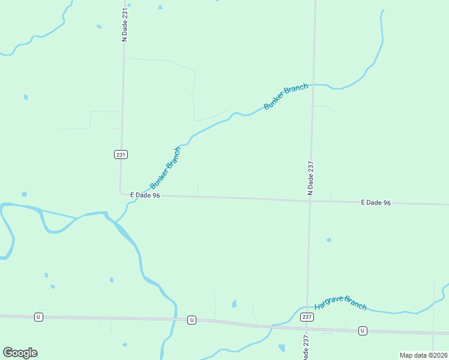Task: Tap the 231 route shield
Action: [x=121, y=154]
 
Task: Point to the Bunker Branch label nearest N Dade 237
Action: [x=286, y=96]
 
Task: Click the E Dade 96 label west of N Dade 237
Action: [x=145, y=195]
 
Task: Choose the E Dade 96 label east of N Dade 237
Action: [x=376, y=203]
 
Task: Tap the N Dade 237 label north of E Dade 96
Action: [x=311, y=178]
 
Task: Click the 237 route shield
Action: [x=307, y=317]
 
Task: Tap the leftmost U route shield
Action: [x=38, y=317]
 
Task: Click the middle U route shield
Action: [x=191, y=320]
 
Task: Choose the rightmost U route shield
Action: [x=363, y=331]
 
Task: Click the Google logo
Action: [x=20, y=353]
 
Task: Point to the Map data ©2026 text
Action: [x=423, y=355]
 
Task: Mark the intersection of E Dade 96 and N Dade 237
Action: [x=310, y=200]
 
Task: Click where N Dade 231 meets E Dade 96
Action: [x=121, y=194]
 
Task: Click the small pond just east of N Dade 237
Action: [x=328, y=240]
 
